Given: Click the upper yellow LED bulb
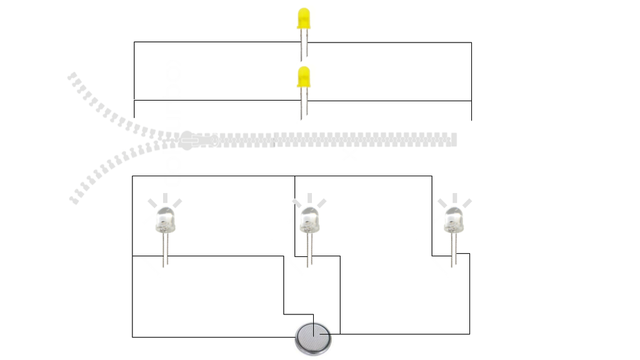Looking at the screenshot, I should coord(304,19).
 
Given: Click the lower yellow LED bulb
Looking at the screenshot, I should coord(304,77).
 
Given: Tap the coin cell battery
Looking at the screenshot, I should coord(312,339).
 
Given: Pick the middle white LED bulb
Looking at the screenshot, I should coord(309,220).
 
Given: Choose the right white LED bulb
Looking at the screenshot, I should coord(453,220).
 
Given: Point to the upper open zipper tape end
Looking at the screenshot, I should coord(72,78).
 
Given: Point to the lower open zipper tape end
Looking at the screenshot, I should coord(74,200).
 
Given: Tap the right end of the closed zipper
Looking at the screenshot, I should coord(454,139).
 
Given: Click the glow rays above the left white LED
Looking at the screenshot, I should coord(165,200).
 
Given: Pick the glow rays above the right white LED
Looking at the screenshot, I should coord(454,200).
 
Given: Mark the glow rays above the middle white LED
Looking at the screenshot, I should coord(309,200).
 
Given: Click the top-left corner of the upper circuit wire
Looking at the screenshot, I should coord(134,42).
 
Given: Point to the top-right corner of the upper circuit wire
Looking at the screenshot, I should coord(471,42).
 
